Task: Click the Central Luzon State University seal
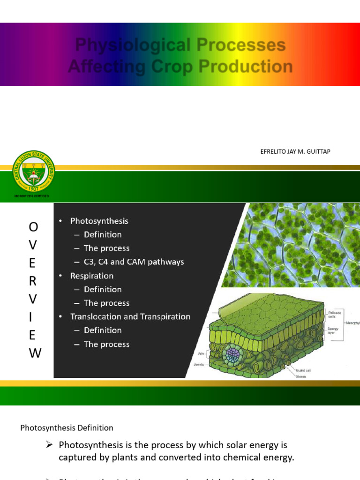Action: (33, 172)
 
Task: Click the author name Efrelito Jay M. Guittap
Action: (295, 151)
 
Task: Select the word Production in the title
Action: (245, 67)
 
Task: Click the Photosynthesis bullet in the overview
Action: (99, 221)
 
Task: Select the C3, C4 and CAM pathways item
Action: (134, 262)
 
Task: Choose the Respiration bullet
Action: (92, 276)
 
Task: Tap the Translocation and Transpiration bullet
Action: (130, 316)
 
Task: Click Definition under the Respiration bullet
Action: (102, 289)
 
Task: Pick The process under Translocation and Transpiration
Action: (106, 344)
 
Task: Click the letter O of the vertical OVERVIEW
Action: (34, 227)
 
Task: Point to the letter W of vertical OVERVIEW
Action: (35, 353)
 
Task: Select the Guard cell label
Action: (304, 370)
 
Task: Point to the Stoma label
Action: (301, 376)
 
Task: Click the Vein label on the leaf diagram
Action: (199, 355)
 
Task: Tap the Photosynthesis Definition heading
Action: (67, 427)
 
